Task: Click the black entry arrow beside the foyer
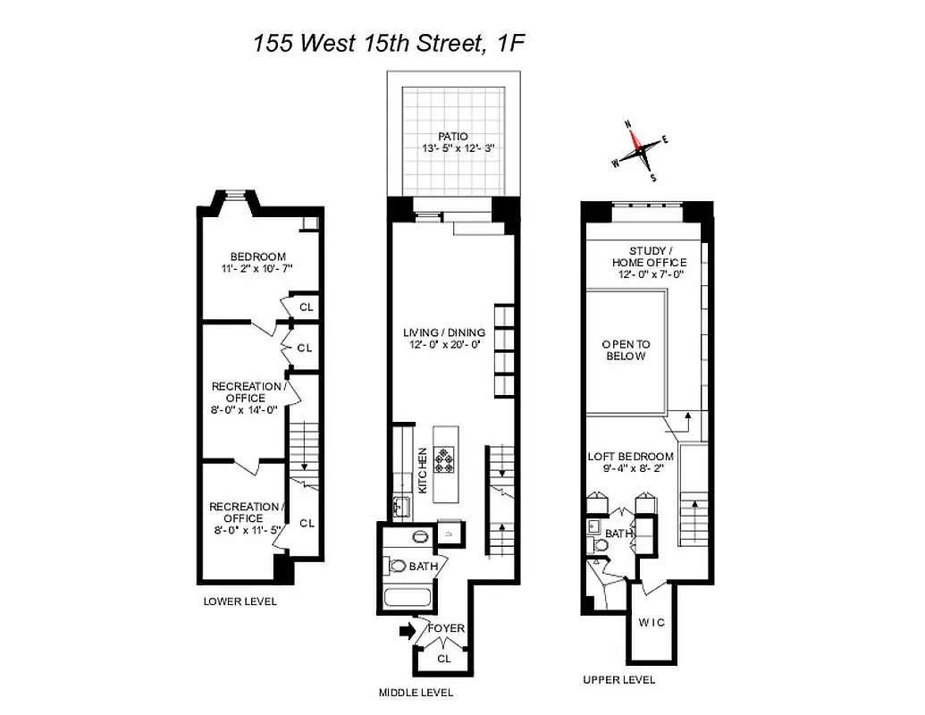[406, 631]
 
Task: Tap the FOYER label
[446, 628]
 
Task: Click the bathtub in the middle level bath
[408, 598]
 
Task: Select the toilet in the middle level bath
[397, 566]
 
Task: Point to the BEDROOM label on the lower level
[257, 257]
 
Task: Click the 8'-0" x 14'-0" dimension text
[245, 410]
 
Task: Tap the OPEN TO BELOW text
[626, 349]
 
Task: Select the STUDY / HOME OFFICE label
[649, 257]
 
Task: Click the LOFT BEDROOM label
[630, 457]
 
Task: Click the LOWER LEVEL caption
[240, 601]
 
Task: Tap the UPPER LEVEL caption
[619, 679]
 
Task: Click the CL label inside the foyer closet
[444, 659]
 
